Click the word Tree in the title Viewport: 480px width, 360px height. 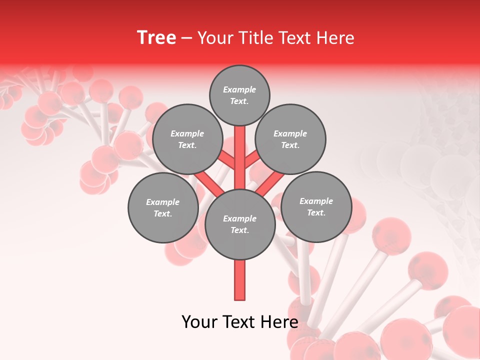tap(156, 37)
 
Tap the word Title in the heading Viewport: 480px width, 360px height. tap(256, 37)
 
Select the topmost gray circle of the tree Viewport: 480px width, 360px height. tap(239, 95)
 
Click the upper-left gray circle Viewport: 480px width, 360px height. tap(187, 139)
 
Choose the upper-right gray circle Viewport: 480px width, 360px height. tap(290, 139)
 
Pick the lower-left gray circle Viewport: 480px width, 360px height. tap(163, 207)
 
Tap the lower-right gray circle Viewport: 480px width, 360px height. tap(316, 206)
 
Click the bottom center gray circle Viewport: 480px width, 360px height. tap(240, 224)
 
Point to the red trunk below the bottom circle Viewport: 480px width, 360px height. tap(240, 280)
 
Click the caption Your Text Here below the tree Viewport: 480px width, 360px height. tap(240, 322)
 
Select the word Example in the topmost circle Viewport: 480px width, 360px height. tap(239, 89)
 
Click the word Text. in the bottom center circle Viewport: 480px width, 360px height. tap(240, 230)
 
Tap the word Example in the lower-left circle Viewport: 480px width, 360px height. tap(162, 202)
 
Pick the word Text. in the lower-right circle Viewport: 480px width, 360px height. tap(316, 212)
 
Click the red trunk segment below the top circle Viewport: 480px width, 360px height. tap(240, 150)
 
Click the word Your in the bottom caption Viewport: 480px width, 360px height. tap(199, 322)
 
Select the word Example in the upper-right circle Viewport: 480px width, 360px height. tap(290, 133)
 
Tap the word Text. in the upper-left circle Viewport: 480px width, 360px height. tap(187, 145)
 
